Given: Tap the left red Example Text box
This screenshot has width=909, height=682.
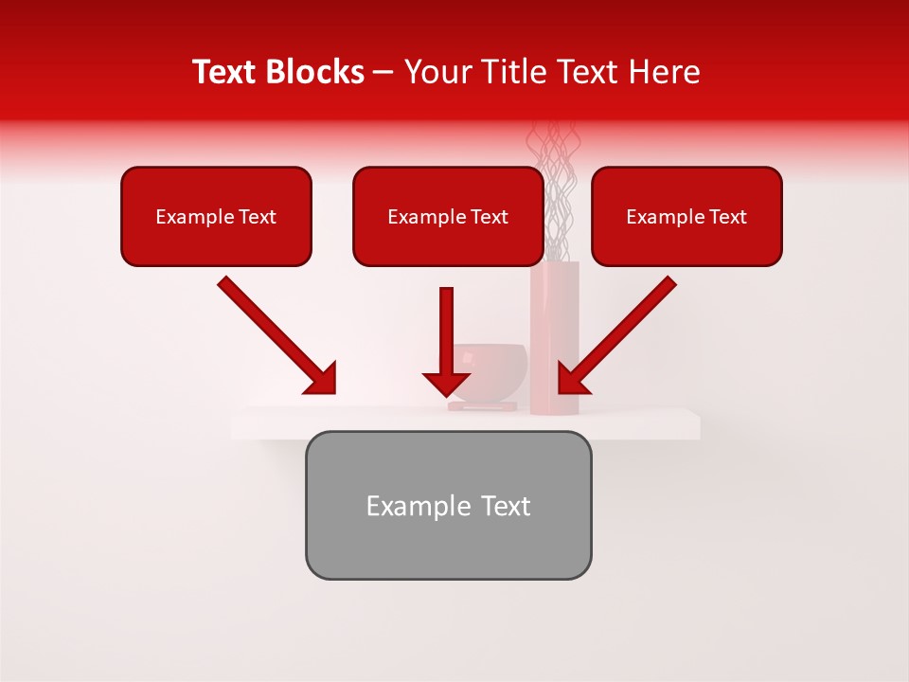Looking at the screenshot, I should (x=216, y=217).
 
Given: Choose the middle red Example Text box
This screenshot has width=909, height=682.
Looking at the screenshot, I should (x=448, y=217).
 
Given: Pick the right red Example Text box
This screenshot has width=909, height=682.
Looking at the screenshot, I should (x=686, y=217).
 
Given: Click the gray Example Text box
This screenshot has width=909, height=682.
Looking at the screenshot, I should (x=448, y=506).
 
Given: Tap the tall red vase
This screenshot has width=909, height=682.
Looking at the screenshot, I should (x=555, y=341).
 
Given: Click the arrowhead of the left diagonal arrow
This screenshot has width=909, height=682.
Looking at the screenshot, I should (x=322, y=379).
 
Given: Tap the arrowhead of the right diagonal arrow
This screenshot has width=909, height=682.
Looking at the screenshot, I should (x=571, y=379).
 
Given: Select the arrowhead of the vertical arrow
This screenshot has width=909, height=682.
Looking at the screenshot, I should (x=447, y=384).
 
